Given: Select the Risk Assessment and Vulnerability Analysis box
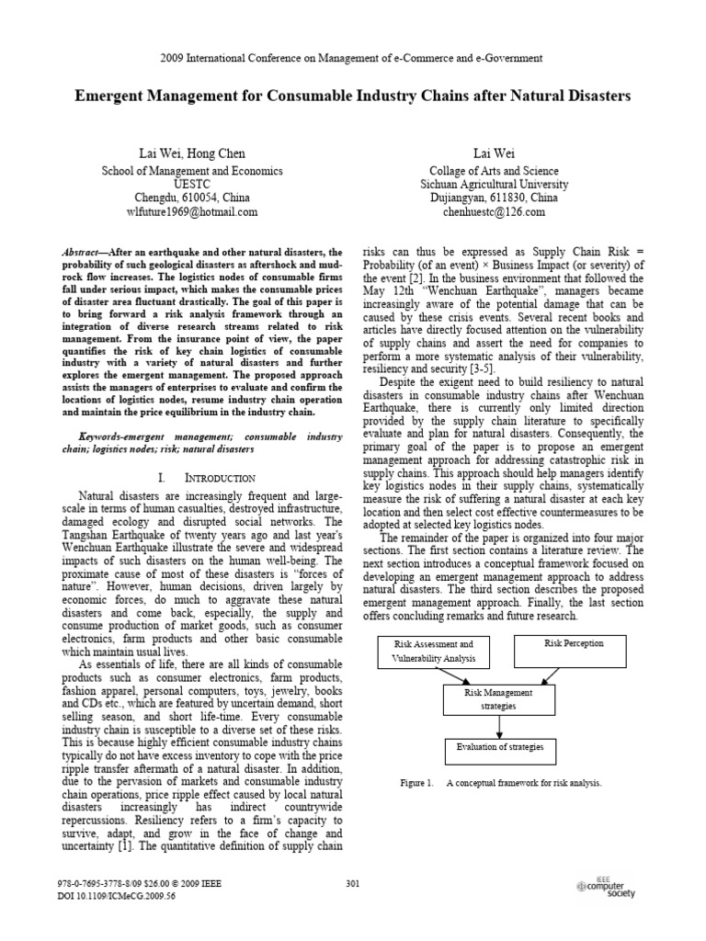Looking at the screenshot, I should pyautogui.click(x=434, y=652).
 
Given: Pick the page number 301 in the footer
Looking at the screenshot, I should pyautogui.click(x=353, y=884).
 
